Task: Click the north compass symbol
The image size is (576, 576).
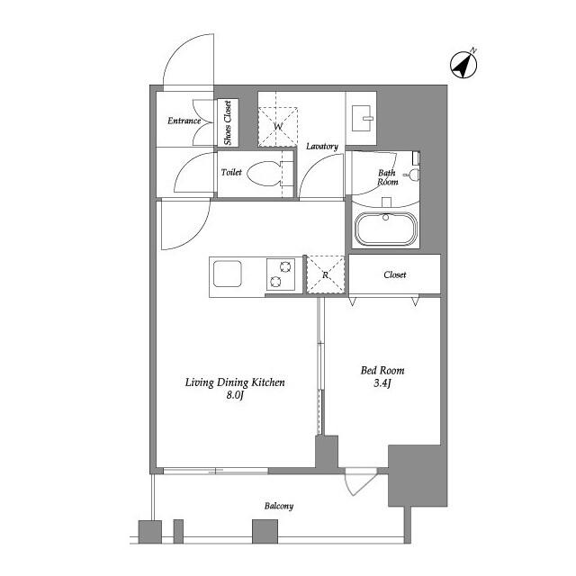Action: click(464, 64)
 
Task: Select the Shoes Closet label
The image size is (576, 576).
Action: click(228, 123)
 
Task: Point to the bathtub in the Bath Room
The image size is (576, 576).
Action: click(386, 229)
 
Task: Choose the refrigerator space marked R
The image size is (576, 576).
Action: click(326, 274)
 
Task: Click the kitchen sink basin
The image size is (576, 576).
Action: click(225, 273)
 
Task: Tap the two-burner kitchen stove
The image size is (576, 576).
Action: click(280, 274)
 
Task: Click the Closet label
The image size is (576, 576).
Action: click(395, 274)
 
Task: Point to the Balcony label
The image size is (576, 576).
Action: click(278, 506)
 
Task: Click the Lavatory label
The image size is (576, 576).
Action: click(321, 146)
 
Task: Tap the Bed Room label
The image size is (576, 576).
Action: click(382, 370)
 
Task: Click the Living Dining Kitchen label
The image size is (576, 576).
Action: click(235, 382)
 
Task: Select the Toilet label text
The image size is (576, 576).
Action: click(231, 171)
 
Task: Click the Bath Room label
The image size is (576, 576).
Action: click(387, 176)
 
